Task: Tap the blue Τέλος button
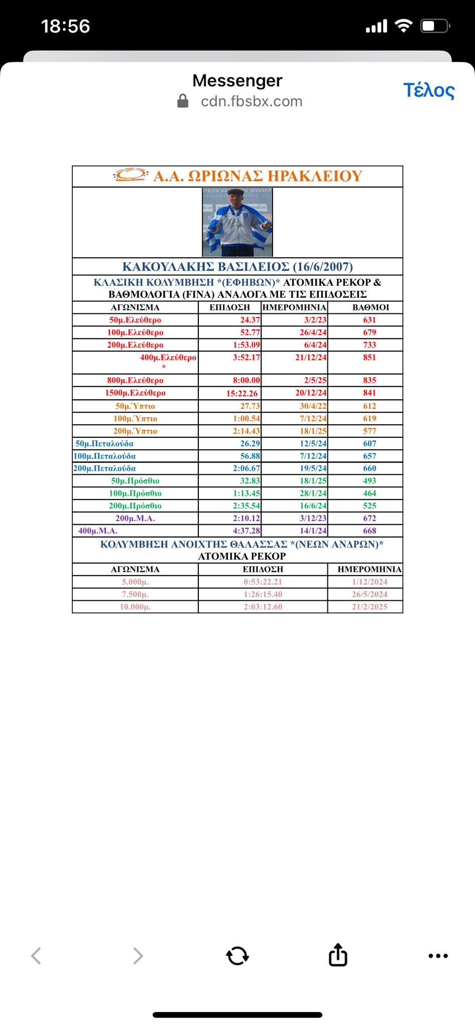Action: (429, 90)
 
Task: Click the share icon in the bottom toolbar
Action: (338, 955)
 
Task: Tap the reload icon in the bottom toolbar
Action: (237, 956)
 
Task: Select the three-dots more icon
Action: (438, 956)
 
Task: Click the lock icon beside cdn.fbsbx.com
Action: (183, 101)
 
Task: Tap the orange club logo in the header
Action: (130, 175)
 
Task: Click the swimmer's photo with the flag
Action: (237, 222)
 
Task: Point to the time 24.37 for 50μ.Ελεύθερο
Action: (250, 320)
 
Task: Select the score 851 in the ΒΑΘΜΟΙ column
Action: (370, 358)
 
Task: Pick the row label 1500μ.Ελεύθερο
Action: (135, 393)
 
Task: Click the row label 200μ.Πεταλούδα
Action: (105, 468)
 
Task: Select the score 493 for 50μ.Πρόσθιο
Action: (370, 481)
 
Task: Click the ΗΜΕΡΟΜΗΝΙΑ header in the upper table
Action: (294, 307)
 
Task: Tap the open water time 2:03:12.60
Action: (263, 607)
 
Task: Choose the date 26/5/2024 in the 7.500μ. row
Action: (369, 594)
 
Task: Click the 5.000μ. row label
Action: (135, 582)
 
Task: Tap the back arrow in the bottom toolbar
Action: (36, 956)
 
